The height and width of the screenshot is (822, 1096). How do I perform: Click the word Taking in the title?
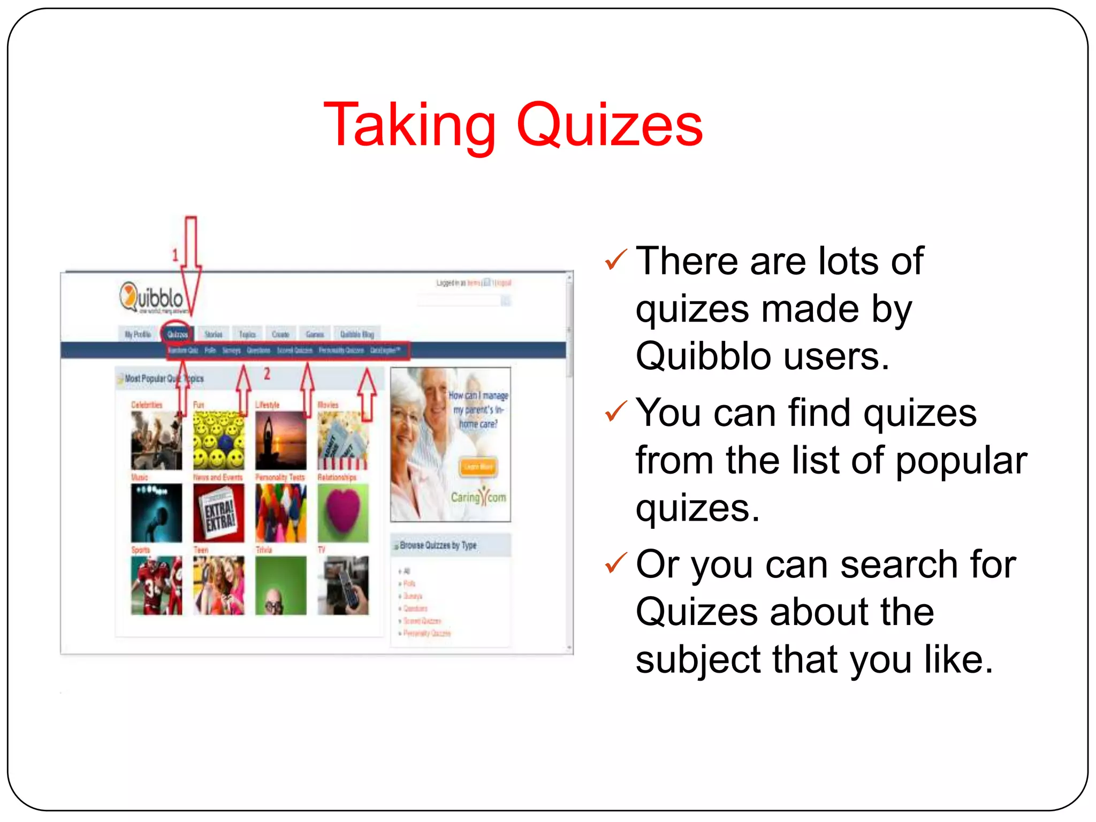(410, 126)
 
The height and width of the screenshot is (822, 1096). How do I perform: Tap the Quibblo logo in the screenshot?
(152, 298)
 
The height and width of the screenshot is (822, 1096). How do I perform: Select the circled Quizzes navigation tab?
(177, 334)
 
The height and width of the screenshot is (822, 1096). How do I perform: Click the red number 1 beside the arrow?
(175, 255)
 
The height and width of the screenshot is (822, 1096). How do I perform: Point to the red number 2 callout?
(267, 374)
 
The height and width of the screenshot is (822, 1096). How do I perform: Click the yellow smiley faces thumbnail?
(218, 440)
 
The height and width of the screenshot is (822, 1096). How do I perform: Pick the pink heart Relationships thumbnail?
(342, 513)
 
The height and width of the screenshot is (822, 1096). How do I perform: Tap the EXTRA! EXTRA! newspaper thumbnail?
(218, 513)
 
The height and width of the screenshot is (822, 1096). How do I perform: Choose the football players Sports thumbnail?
(156, 585)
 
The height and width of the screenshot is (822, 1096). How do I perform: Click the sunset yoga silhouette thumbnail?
(280, 440)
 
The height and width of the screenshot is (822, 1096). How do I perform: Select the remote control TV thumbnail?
(342, 585)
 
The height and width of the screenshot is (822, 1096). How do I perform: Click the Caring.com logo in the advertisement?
(478, 497)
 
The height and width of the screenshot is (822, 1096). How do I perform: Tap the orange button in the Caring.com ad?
(478, 467)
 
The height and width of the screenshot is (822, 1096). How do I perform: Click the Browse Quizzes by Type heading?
(438, 545)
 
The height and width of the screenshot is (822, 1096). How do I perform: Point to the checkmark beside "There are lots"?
(615, 260)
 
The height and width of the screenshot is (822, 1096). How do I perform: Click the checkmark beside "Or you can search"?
(615, 564)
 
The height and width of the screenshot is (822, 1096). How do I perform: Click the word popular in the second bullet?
(961, 460)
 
